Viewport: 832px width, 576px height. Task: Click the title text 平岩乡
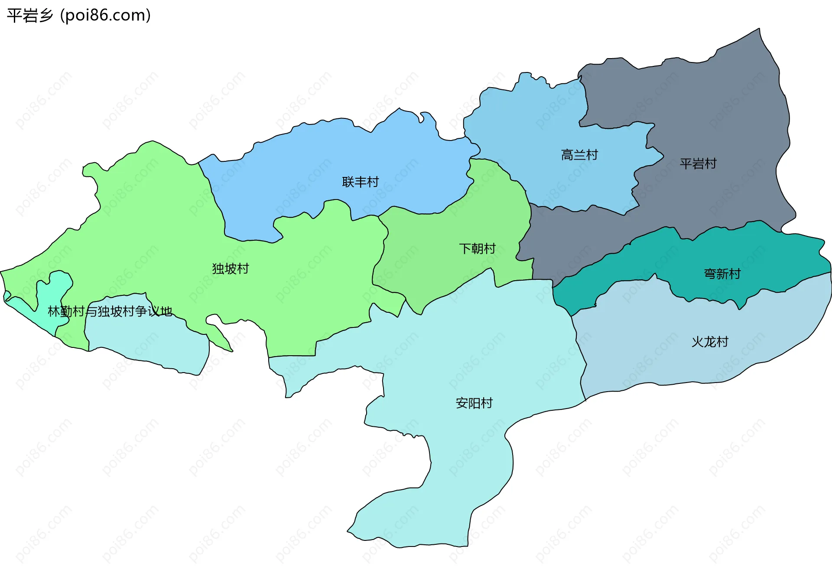29,16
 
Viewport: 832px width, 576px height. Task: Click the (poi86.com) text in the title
105,16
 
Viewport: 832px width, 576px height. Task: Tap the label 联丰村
360,182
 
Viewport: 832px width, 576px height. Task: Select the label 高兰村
579,155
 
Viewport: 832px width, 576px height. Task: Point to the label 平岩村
698,164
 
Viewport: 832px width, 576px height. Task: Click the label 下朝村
477,249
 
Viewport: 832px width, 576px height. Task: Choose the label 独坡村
230,268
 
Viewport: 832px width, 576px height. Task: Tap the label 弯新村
722,274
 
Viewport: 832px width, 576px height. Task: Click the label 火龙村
709,342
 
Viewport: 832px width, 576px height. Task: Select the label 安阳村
474,403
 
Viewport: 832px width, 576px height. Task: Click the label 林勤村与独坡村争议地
110,311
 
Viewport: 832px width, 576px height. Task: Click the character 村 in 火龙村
722,342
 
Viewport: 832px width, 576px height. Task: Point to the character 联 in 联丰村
348,182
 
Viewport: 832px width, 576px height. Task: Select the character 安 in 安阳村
462,403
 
